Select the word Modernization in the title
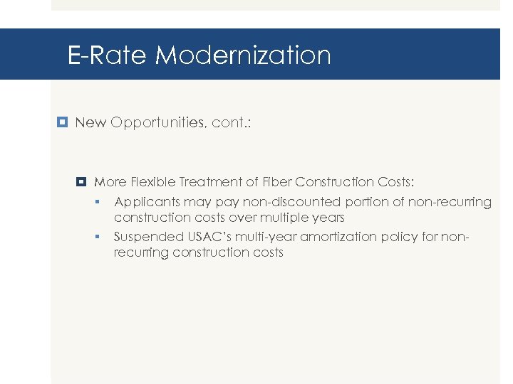(x=243, y=55)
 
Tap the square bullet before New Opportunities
(x=62, y=122)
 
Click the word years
(x=326, y=218)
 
